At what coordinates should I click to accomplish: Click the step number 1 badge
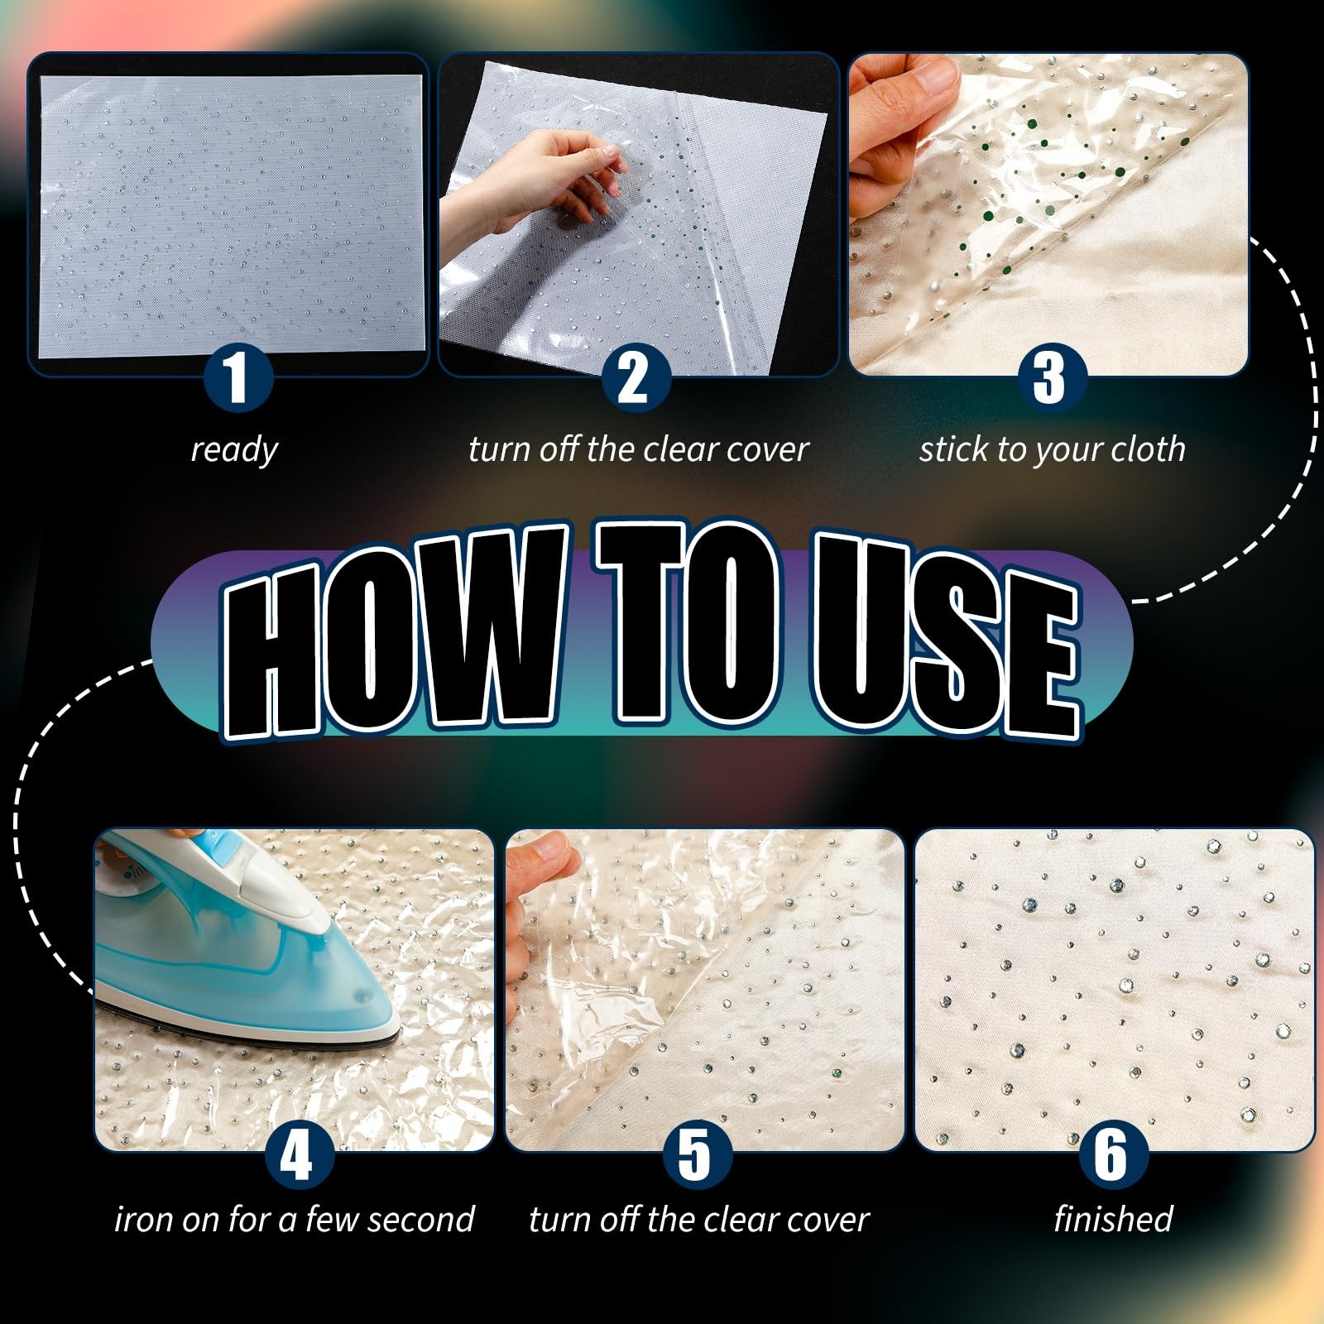tap(238, 378)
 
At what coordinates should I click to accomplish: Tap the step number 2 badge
tap(635, 378)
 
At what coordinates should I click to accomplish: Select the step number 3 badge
tap(1048, 378)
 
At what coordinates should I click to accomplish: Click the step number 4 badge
tap(299, 1154)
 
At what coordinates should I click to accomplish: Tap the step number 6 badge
tap(1111, 1154)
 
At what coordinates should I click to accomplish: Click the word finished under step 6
tap(1113, 1219)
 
